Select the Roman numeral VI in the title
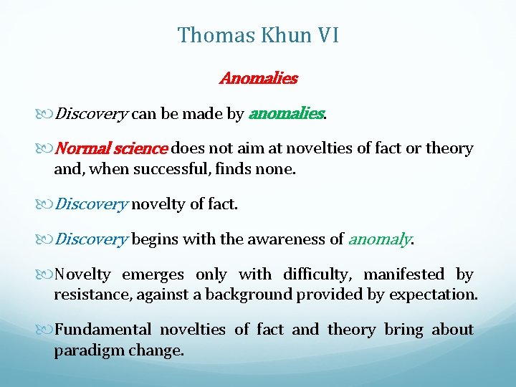(325, 35)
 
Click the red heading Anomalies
(258, 78)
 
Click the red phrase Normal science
(111, 148)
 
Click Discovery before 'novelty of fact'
(91, 204)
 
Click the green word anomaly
(379, 239)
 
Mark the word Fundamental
(103, 330)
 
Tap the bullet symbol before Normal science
(47, 149)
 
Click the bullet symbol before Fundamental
(47, 330)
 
